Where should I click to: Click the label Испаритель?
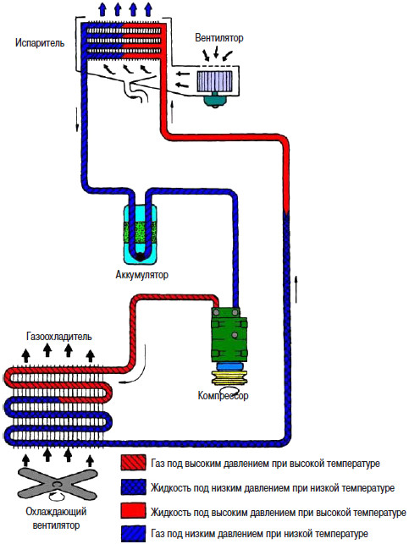[40, 43]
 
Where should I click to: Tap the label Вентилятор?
[219, 37]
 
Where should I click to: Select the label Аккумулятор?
[141, 275]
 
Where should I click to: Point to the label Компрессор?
[223, 395]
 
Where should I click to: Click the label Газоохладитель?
[59, 336]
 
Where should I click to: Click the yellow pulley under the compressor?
[229, 378]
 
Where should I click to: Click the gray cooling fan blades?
[57, 483]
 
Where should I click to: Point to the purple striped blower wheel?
[214, 81]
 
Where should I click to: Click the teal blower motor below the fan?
[215, 100]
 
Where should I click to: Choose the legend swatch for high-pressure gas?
[133, 463]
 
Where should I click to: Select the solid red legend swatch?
[133, 511]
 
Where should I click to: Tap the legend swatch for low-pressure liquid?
[133, 487]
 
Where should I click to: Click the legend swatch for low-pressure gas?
[133, 534]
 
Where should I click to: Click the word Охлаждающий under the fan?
[56, 512]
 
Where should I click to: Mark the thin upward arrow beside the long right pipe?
[296, 288]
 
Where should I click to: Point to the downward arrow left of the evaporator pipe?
[77, 119]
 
